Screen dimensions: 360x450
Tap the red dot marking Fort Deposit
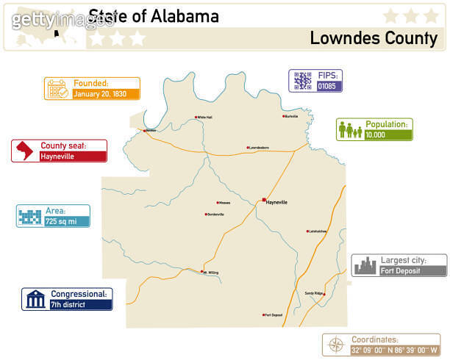coord(263,315)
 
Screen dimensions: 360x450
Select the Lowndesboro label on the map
coord(259,148)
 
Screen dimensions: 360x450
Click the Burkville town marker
coord(284,116)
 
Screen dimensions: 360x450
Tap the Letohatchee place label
coord(318,231)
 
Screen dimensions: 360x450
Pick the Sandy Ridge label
coord(313,293)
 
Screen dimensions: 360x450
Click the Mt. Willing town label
coord(211,273)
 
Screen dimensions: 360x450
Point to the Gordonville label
coord(215,215)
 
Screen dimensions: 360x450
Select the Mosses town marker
coord(217,203)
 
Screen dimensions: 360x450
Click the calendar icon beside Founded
coord(57,89)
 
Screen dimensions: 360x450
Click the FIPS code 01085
coord(326,86)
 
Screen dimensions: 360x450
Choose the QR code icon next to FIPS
coord(301,81)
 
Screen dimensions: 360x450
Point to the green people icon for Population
coord(349,130)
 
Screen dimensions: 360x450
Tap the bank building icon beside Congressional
coord(35,299)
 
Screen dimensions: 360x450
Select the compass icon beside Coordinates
coord(335,345)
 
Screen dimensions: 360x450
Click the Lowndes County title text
coord(374,38)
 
